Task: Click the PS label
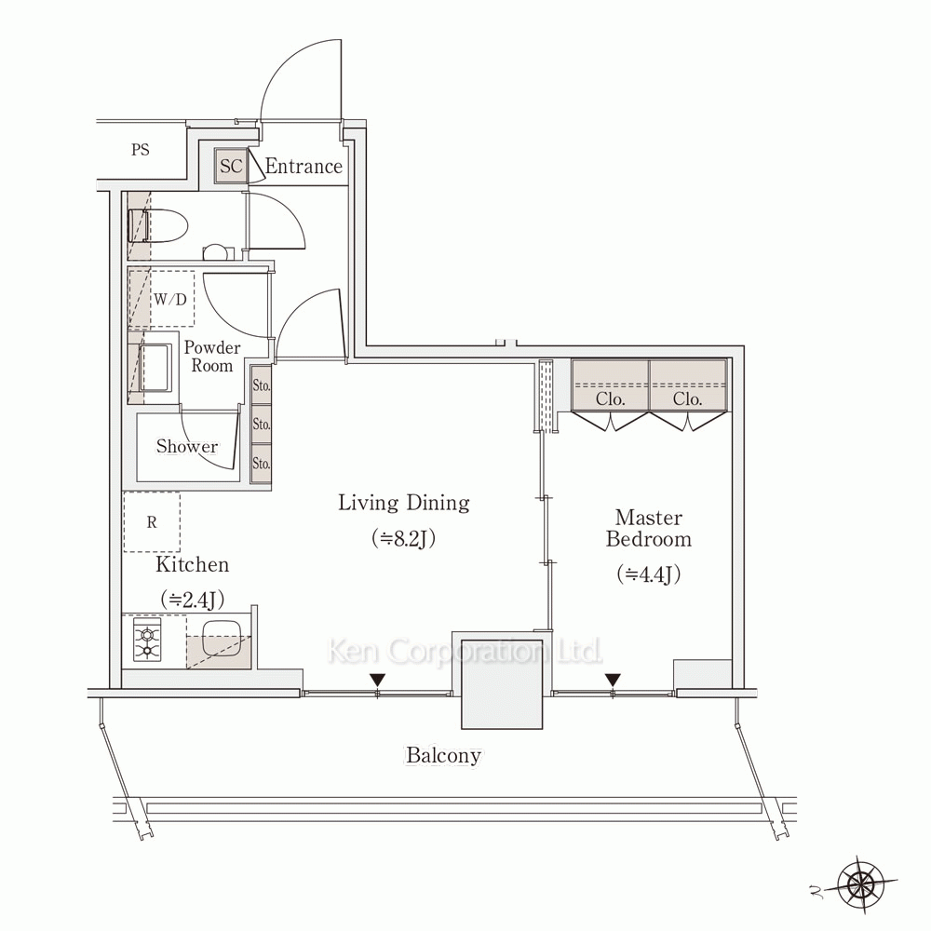tap(141, 150)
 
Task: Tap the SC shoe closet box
tap(231, 166)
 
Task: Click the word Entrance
tap(304, 167)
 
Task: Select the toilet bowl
tap(158, 225)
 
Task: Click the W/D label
tap(170, 299)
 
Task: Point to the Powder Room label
tap(212, 357)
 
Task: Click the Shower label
tap(187, 447)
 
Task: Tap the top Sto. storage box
tap(262, 385)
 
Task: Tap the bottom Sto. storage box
tap(262, 463)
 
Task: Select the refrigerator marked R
tap(152, 522)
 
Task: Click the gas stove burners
tap(147, 641)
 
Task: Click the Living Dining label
tap(404, 503)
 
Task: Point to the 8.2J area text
tap(404, 538)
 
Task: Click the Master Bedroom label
tap(649, 528)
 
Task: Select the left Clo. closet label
tap(611, 399)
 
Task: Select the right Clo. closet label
tap(688, 399)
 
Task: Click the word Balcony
tap(443, 756)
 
